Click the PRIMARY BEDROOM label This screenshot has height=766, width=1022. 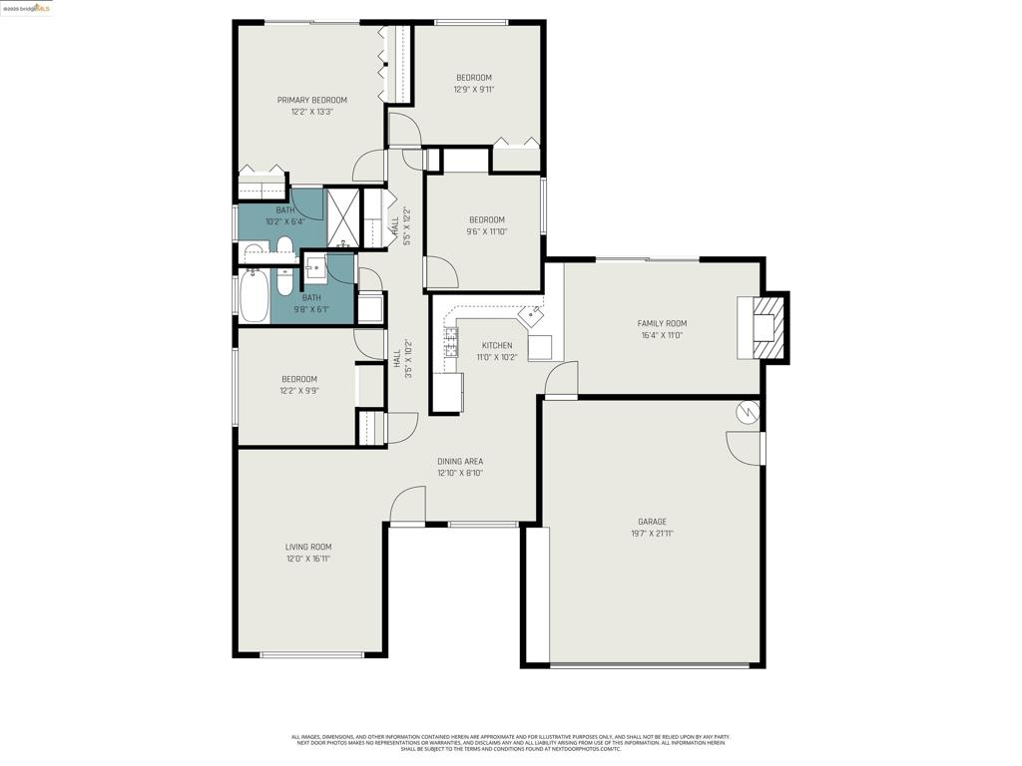pos(311,100)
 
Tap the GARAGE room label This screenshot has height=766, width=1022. pos(652,522)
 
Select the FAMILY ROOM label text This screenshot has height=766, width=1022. pos(662,323)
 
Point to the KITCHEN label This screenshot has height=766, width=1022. pos(496,346)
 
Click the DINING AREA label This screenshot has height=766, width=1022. pos(460,462)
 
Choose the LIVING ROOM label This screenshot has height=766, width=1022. pos(307,547)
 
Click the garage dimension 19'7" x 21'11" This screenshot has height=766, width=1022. pos(652,534)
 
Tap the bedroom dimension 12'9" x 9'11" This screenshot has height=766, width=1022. pos(474,90)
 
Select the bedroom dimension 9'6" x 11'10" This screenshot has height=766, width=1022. pos(486,231)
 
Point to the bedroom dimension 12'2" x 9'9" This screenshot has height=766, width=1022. pos(298,391)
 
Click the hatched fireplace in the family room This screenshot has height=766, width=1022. pos(765,327)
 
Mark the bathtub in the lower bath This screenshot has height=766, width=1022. pos(254,296)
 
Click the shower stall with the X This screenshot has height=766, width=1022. pos(342,217)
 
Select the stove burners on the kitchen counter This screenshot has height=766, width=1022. pos(451,343)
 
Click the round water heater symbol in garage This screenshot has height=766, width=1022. pos(747,411)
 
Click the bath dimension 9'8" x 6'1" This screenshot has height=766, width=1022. pos(311,310)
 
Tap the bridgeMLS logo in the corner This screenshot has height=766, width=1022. pos(27,8)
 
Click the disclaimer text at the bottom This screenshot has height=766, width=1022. pos(510,743)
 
